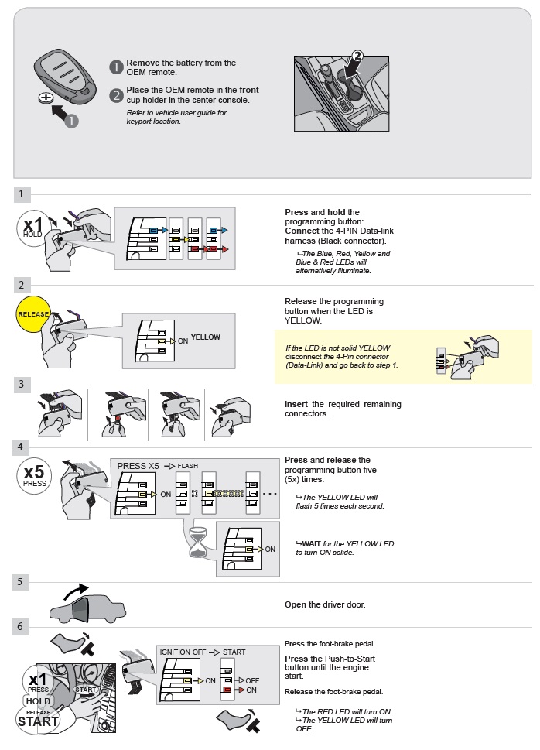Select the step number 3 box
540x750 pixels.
coord(22,384)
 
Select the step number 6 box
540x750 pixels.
coord(22,625)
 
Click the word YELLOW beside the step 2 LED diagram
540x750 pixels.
coord(206,337)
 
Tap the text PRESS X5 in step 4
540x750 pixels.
coord(138,466)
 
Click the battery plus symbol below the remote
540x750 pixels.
coord(46,98)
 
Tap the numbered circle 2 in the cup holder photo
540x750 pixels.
coord(357,56)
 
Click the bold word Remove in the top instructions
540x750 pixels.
coord(143,63)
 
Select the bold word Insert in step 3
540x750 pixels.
coord(296,405)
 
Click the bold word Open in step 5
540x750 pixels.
coord(296,604)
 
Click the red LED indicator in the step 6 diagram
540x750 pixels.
coord(226,690)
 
